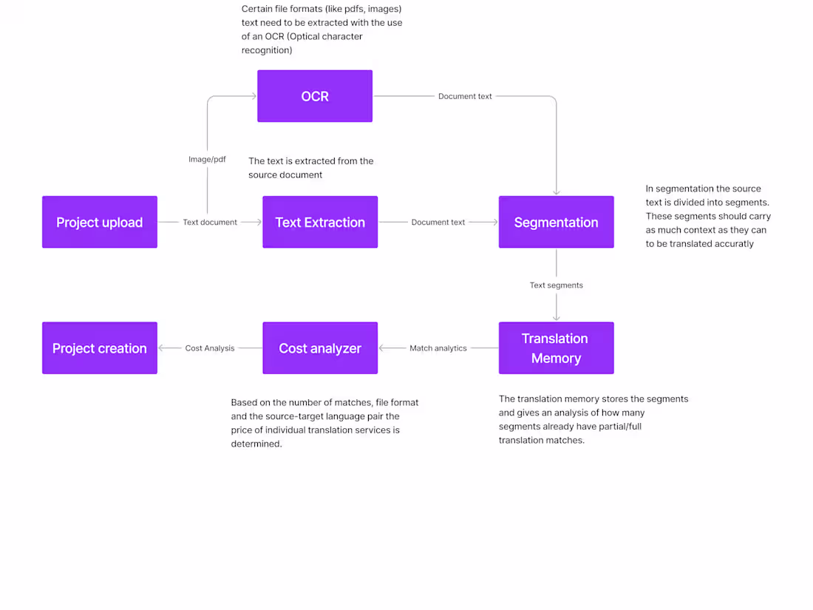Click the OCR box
[x=315, y=96]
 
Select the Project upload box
[x=100, y=222]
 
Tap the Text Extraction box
[x=320, y=222]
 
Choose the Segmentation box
[x=556, y=222]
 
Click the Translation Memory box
[x=556, y=348]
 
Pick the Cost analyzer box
[x=320, y=348]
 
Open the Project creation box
[x=100, y=348]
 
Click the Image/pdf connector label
[x=207, y=159]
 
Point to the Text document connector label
[x=210, y=222]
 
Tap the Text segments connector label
[x=556, y=285]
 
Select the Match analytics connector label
[x=438, y=348]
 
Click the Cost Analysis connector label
[x=210, y=348]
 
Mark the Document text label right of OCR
[x=465, y=96]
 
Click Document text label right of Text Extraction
[x=438, y=222]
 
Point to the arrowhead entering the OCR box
[x=253, y=96]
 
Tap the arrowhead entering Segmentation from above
[x=556, y=192]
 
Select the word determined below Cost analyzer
[x=256, y=444]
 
